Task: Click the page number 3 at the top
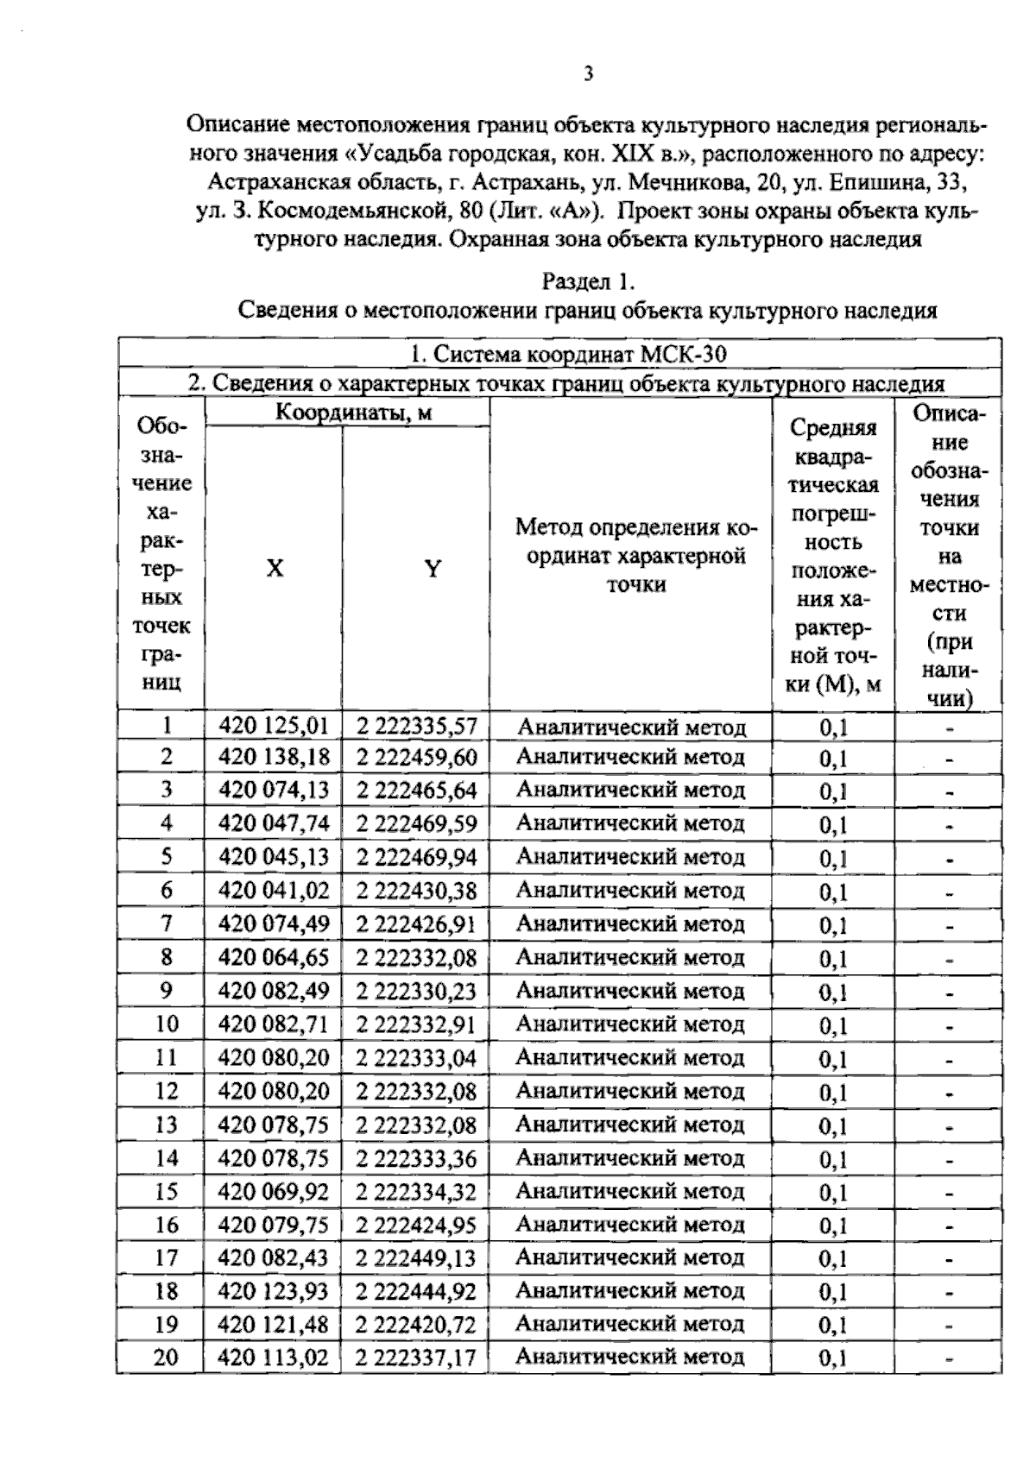(x=588, y=74)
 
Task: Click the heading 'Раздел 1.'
(x=588, y=282)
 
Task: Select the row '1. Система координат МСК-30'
(x=559, y=354)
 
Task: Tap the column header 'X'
(x=274, y=568)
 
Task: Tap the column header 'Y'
(x=433, y=568)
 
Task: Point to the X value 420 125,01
(x=274, y=725)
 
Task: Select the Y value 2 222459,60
(x=416, y=758)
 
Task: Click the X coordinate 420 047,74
(x=274, y=824)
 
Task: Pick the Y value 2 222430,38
(x=416, y=891)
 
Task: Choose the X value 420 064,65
(x=274, y=957)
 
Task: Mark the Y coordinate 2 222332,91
(x=416, y=1024)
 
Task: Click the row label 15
(x=166, y=1192)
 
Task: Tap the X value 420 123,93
(x=274, y=1291)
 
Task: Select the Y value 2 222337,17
(x=416, y=1358)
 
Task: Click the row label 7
(x=166, y=923)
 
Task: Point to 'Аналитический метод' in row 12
(x=630, y=1091)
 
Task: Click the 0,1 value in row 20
(x=833, y=1358)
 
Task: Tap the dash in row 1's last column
(x=949, y=727)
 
